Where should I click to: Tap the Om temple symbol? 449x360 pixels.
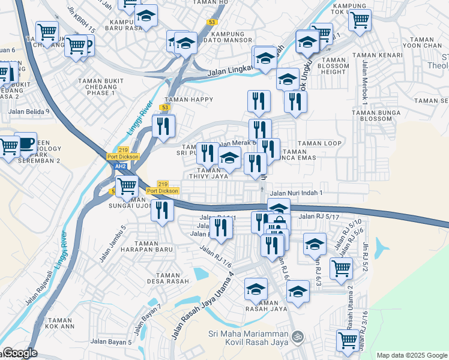(295, 335)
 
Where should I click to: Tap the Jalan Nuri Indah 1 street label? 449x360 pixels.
(296, 193)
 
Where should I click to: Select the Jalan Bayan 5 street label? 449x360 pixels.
(111, 342)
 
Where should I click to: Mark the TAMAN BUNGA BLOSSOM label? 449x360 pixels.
(376, 115)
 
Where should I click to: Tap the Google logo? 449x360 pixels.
(19, 353)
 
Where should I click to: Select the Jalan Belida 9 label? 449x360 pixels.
(28, 111)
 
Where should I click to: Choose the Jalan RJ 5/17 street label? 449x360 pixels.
(319, 217)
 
